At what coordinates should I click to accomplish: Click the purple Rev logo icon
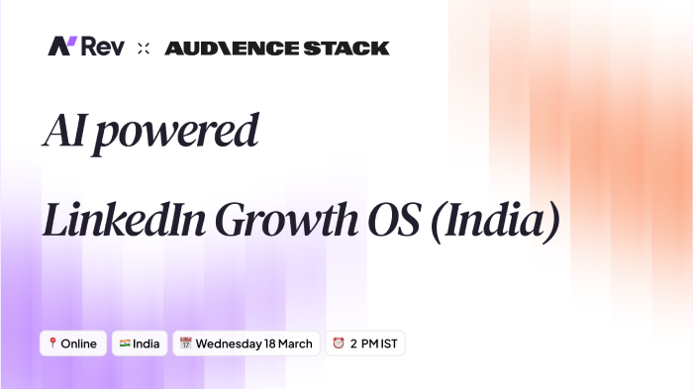point(62,47)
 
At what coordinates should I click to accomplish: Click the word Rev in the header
point(102,47)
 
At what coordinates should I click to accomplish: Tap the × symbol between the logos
point(144,48)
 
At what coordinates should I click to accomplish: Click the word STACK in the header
point(351,48)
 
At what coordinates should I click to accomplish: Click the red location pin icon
point(51,343)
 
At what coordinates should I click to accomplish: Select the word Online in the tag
point(79,343)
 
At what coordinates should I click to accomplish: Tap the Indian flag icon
point(125,343)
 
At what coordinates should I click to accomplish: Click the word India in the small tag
point(147,343)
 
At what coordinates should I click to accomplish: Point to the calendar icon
point(185,343)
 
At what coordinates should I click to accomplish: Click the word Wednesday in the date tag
point(229,343)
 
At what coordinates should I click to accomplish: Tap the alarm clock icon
point(339,343)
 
